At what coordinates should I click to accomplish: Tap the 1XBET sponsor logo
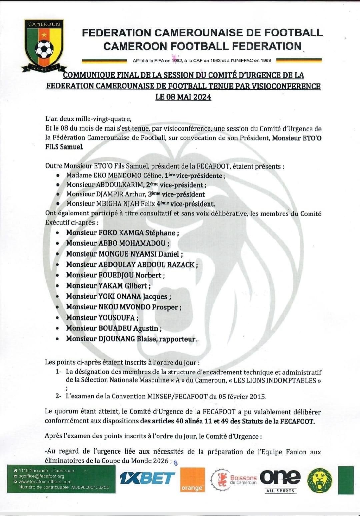(x=147, y=479)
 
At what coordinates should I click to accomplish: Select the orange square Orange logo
(x=192, y=480)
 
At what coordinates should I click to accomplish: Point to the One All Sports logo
(x=280, y=480)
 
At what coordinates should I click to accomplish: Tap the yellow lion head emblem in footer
(x=320, y=480)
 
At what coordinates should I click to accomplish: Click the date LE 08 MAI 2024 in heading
(x=183, y=97)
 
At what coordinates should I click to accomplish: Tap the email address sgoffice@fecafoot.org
(x=41, y=476)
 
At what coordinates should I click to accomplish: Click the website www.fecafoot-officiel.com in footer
(x=45, y=482)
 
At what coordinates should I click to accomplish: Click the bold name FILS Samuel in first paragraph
(x=64, y=147)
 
